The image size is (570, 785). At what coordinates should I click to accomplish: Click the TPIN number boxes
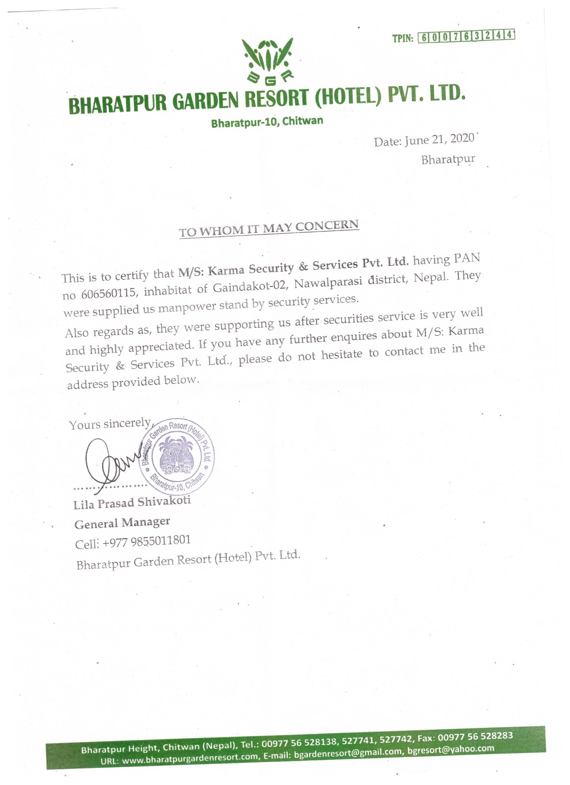point(466,36)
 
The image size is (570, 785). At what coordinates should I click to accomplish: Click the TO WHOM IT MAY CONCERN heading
point(269,228)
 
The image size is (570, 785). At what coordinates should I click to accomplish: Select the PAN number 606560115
point(108,293)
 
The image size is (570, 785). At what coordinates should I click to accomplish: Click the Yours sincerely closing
point(110,424)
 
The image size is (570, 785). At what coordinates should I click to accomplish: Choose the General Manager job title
point(122,523)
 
